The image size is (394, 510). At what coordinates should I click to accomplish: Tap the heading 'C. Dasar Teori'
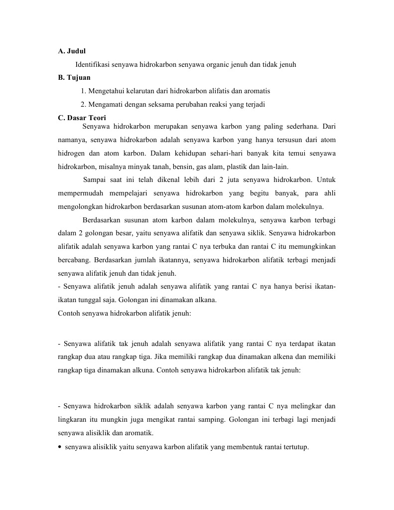click(82, 118)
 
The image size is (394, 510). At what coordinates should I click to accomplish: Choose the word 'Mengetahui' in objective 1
click(106, 91)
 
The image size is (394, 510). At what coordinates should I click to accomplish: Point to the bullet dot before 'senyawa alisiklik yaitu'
click(60, 447)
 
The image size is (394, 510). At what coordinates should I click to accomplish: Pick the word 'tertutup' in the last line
click(296, 447)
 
